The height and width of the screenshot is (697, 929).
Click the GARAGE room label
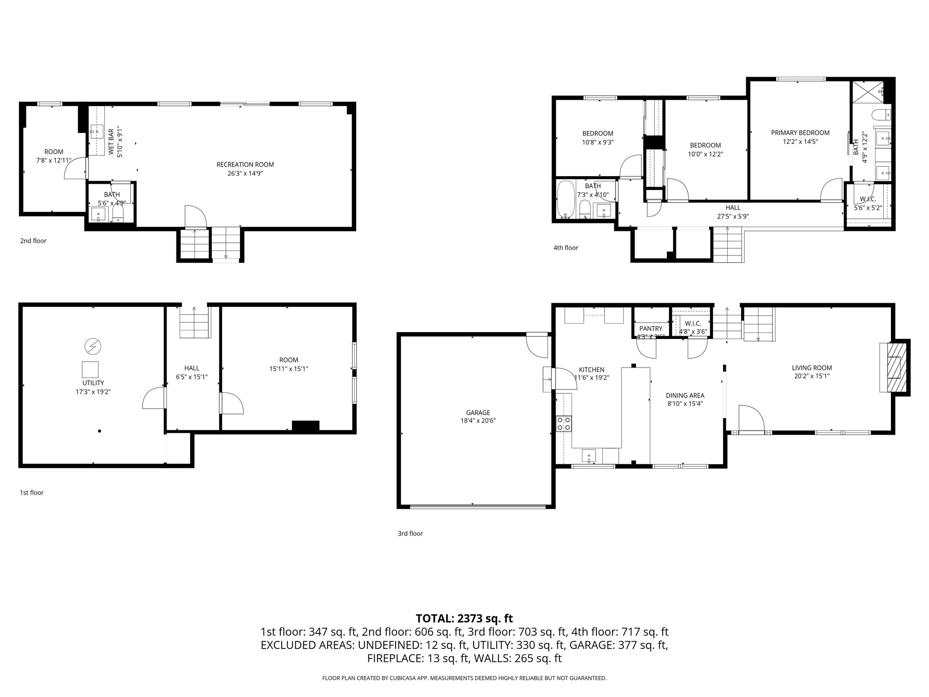click(478, 412)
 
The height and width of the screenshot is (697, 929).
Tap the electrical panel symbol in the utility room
click(93, 347)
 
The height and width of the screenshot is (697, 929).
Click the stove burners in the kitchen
click(564, 424)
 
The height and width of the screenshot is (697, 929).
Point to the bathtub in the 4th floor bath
click(565, 200)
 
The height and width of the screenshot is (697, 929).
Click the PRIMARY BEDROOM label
click(800, 133)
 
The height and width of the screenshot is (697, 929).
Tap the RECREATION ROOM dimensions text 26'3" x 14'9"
click(245, 173)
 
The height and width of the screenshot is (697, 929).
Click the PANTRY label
click(650, 329)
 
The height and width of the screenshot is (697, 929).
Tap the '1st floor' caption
click(31, 492)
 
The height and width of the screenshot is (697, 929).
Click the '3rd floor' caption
click(410, 534)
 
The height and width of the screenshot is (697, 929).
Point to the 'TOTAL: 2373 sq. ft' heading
click(464, 618)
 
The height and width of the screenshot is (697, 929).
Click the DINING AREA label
click(685, 395)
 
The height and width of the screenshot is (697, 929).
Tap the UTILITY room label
click(93, 383)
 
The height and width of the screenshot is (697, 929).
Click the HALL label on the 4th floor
click(733, 208)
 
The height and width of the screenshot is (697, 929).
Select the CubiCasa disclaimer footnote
click(464, 678)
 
